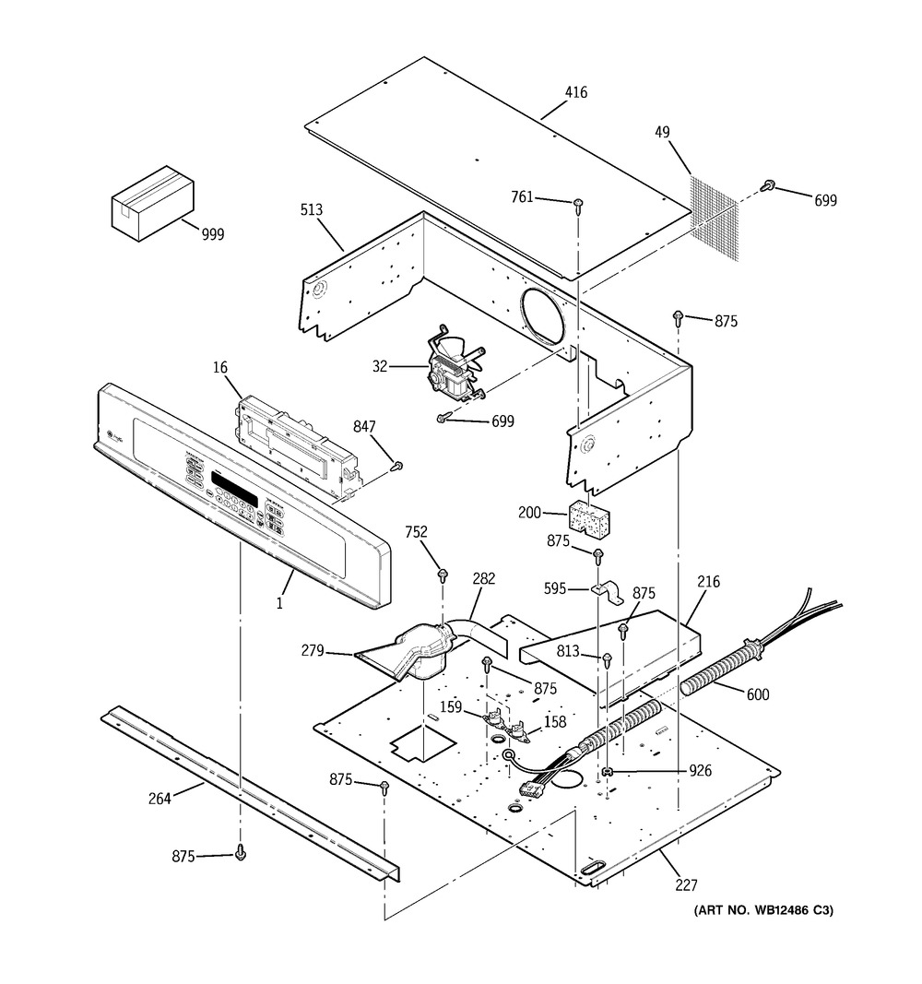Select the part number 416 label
click(575, 93)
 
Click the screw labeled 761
click(579, 204)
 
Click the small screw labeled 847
click(397, 467)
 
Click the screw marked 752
click(443, 575)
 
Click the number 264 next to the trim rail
click(160, 799)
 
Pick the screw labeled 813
click(608, 659)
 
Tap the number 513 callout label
click(312, 210)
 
